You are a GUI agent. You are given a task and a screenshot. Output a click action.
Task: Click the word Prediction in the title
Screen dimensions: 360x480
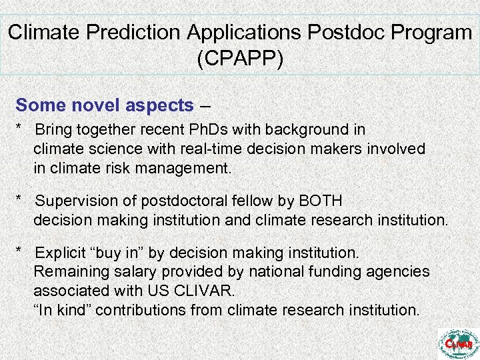point(137,32)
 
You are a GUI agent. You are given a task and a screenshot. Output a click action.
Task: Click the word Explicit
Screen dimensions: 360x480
point(61,253)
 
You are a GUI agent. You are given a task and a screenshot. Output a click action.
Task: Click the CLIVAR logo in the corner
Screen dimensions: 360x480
point(458,343)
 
